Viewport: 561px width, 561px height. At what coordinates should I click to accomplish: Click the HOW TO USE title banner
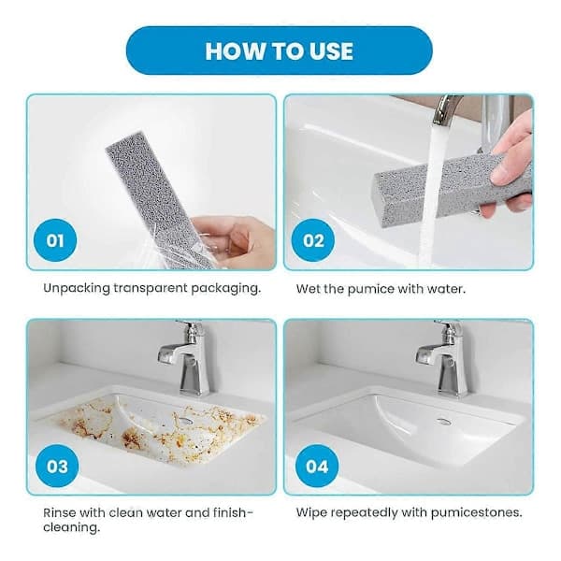pyautogui.click(x=279, y=50)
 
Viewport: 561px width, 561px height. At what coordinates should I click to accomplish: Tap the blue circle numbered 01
pyautogui.click(x=55, y=240)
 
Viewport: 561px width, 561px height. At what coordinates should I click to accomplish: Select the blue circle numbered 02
pyautogui.click(x=313, y=240)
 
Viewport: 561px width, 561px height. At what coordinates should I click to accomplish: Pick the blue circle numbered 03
pyautogui.click(x=57, y=466)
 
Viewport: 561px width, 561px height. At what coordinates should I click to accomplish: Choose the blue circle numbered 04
pyautogui.click(x=317, y=466)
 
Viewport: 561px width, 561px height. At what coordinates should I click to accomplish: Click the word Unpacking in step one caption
pyautogui.click(x=77, y=288)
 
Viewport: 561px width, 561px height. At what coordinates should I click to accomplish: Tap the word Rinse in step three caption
pyautogui.click(x=60, y=512)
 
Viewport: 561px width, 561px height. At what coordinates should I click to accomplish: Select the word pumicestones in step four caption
pyautogui.click(x=476, y=513)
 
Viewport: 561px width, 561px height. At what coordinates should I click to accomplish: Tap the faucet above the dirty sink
pyautogui.click(x=185, y=358)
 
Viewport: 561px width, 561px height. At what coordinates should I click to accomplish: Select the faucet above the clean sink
pyautogui.click(x=443, y=358)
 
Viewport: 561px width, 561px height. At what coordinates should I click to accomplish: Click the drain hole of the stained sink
pyautogui.click(x=184, y=420)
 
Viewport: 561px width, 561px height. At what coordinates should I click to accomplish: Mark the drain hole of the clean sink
pyautogui.click(x=443, y=421)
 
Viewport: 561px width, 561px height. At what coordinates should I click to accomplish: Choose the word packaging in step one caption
pyautogui.click(x=224, y=288)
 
